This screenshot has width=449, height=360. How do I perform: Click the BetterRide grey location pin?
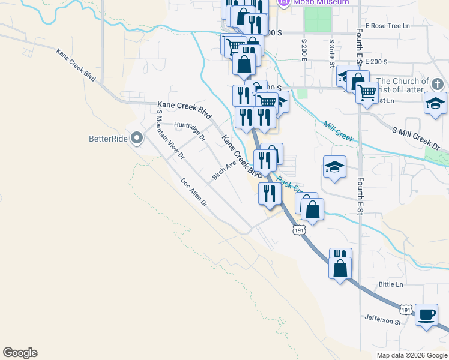click(x=137, y=139)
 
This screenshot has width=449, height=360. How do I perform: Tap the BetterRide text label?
click(x=108, y=139)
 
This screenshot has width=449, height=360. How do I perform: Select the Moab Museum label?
click(x=321, y=2)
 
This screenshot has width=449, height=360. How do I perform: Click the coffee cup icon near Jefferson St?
click(x=427, y=314)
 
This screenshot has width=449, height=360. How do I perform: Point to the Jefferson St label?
click(x=382, y=321)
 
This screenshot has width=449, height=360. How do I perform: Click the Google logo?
click(x=20, y=353)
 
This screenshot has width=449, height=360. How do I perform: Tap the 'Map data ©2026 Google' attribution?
click(x=411, y=355)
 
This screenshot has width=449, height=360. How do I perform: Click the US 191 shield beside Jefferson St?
click(x=406, y=310)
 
